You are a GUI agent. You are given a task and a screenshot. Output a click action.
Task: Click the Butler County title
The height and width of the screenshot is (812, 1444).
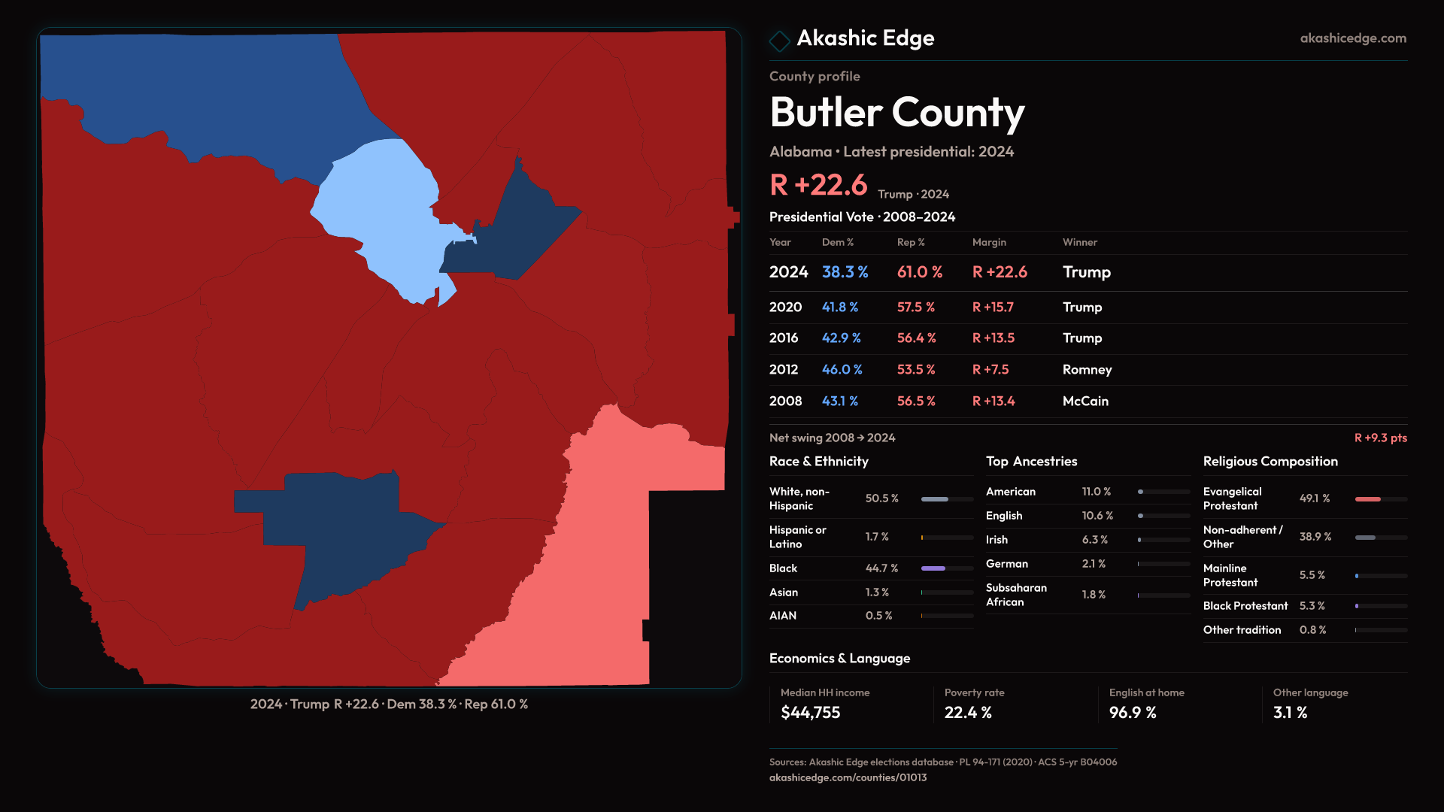tap(896, 113)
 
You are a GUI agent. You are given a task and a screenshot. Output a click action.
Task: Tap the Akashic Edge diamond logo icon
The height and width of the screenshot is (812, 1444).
tap(779, 40)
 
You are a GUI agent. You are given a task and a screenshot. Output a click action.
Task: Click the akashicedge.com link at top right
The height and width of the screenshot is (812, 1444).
tap(1352, 38)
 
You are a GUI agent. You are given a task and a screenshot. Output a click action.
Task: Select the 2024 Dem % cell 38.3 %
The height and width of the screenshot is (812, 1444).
tap(845, 272)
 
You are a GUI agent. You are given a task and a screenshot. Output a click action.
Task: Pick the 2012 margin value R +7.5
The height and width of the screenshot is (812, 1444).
tap(990, 370)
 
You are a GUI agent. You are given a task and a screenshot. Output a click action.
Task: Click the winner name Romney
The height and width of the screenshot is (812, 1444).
tap(1087, 370)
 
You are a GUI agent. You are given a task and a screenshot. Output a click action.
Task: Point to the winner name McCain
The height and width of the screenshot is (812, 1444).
tap(1085, 401)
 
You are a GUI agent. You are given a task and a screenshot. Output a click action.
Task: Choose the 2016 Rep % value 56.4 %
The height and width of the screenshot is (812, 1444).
tap(916, 338)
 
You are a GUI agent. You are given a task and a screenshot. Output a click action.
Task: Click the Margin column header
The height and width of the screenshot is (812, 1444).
tap(988, 242)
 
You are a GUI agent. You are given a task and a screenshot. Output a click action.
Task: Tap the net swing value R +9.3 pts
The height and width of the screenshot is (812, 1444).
tap(1380, 438)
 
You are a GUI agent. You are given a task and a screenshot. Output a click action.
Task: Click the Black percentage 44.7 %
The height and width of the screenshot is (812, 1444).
tap(881, 568)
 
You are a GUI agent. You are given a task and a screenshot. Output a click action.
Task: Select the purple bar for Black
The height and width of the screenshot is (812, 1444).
tap(933, 568)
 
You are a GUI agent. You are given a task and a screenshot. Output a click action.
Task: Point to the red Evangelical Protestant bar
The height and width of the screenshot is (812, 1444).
tap(1367, 499)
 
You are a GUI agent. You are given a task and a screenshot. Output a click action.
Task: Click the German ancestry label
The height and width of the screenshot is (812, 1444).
tap(1006, 564)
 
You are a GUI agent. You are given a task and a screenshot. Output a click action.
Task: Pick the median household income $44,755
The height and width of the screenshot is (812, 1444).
tap(810, 713)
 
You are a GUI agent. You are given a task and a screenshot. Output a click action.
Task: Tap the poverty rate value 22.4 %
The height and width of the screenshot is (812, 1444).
tap(968, 713)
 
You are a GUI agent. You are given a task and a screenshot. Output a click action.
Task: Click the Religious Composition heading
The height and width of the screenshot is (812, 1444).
tap(1270, 462)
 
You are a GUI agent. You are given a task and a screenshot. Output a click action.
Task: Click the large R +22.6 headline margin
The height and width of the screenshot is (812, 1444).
tap(818, 185)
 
